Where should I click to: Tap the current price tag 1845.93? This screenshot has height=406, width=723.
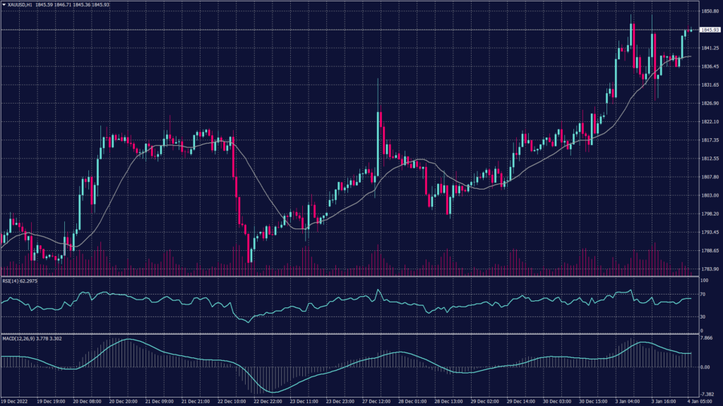coord(708,30)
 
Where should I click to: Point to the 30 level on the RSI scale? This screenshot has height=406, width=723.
coord(703,318)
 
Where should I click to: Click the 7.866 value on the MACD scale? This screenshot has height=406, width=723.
coord(705,338)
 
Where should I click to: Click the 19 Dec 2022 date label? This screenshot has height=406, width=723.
coord(15,401)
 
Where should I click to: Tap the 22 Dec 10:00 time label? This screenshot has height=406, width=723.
coord(232,401)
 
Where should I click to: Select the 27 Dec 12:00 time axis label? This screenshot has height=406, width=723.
coord(378,401)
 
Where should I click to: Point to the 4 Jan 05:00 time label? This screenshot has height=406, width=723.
coord(703,401)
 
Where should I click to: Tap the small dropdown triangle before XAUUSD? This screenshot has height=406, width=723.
coord(4,4)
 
